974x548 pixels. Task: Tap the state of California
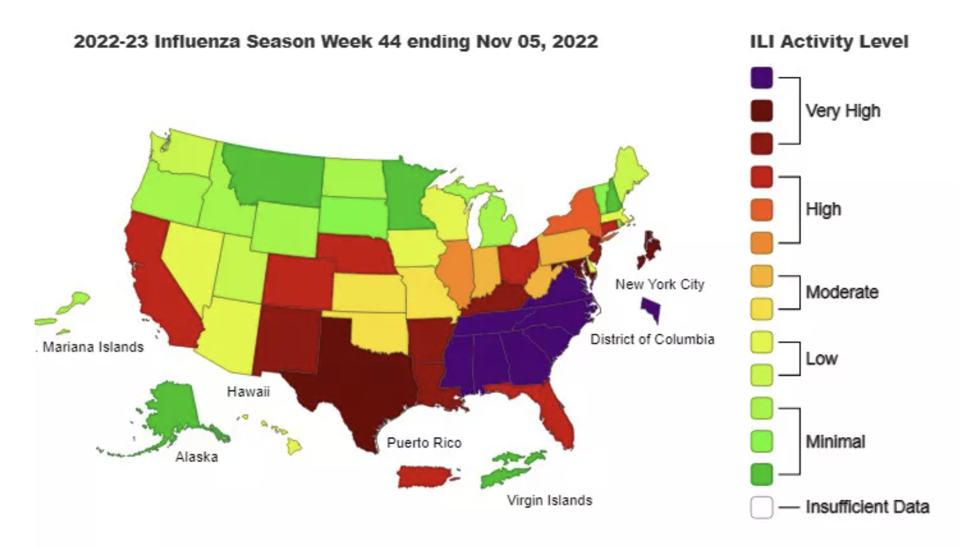(157, 284)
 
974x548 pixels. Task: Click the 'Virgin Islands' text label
(549, 500)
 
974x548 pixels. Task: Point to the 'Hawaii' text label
(248, 392)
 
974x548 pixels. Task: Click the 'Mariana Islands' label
(93, 347)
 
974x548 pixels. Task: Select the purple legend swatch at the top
(761, 78)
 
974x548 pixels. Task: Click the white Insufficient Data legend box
(761, 507)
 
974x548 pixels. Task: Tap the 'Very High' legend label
(843, 111)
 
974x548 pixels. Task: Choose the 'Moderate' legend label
(842, 292)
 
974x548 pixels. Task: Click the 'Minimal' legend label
(835, 441)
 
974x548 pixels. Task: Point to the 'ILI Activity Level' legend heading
(829, 42)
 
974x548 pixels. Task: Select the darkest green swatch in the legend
(761, 474)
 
